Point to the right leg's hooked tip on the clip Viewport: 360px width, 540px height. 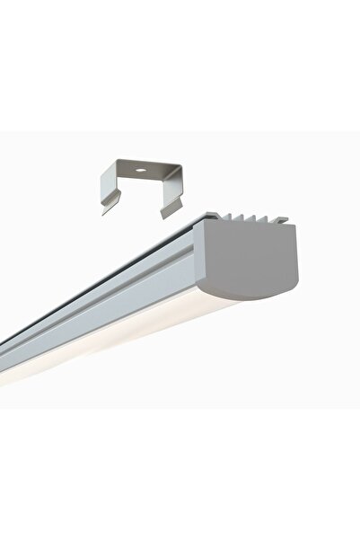coord(164,214)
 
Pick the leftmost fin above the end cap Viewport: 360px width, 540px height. coord(228,217)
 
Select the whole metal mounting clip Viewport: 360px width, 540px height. coord(139,184)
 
